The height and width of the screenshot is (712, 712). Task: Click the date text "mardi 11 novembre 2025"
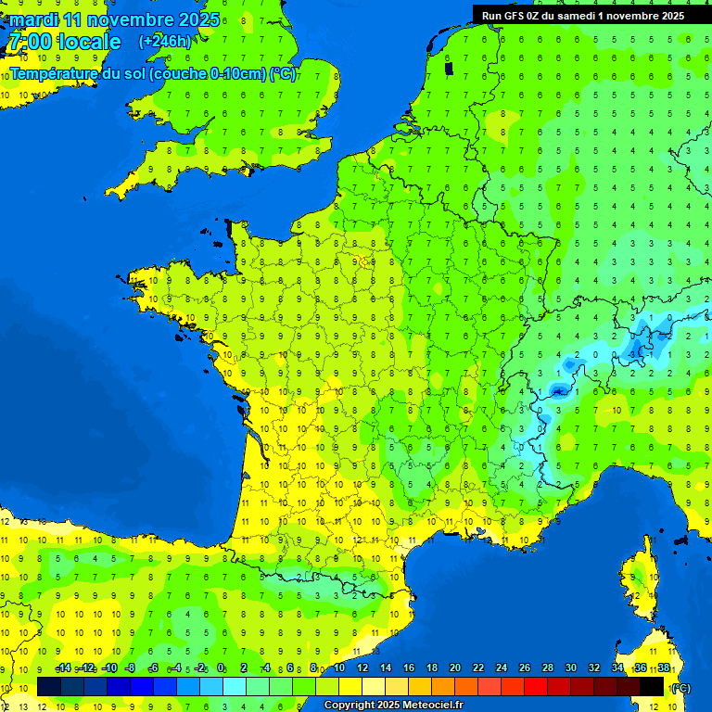click(x=115, y=19)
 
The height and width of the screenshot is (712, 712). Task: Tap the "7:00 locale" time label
click(x=64, y=42)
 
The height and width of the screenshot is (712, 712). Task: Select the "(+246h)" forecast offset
click(x=165, y=42)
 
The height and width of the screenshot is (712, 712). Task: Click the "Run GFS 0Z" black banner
click(x=582, y=15)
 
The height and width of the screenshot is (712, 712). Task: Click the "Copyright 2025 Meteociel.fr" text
click(x=393, y=706)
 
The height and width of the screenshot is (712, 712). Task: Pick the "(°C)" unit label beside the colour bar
click(x=680, y=688)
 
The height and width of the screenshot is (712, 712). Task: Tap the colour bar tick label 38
click(x=664, y=668)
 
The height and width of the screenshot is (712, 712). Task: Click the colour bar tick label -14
click(x=62, y=668)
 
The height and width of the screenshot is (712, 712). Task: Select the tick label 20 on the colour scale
click(x=455, y=668)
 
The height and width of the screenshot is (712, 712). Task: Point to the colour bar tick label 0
click(x=221, y=668)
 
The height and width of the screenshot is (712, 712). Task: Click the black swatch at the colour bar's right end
click(x=653, y=686)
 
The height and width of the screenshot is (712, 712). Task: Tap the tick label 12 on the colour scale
click(x=362, y=668)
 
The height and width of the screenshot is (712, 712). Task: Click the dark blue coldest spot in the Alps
click(x=558, y=390)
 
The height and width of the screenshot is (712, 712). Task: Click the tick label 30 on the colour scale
click(x=571, y=668)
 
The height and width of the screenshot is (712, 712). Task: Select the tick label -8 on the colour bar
click(x=131, y=668)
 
